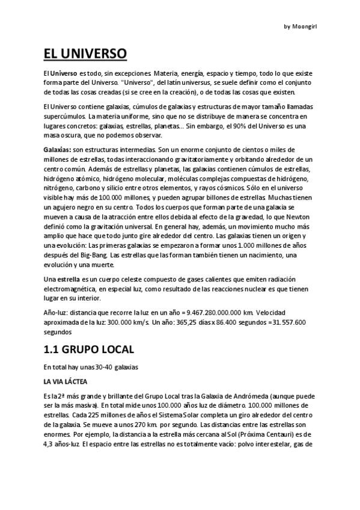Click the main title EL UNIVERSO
click(85, 54)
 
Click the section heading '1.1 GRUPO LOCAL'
click(89, 349)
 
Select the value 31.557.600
click(288, 322)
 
